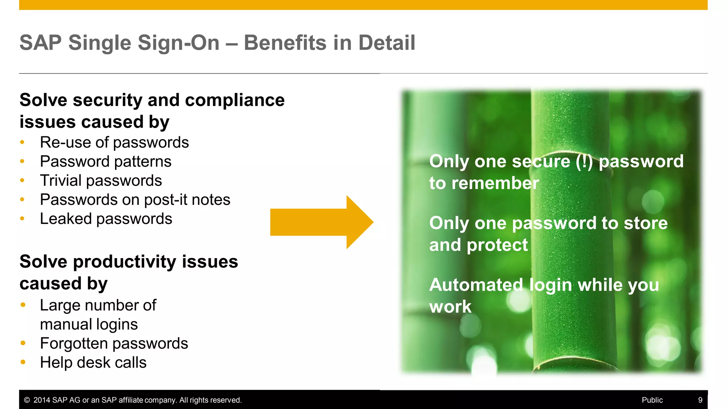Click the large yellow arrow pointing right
click(319, 222)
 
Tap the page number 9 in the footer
click(700, 400)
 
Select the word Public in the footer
click(652, 400)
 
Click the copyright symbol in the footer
click(27, 400)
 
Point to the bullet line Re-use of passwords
click(114, 143)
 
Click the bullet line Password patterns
click(105, 162)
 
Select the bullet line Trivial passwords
click(101, 181)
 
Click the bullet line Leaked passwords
click(106, 219)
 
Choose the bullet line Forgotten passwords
click(114, 344)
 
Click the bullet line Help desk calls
click(93, 363)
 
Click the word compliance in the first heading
click(235, 100)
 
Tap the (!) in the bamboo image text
click(584, 162)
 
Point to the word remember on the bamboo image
click(495, 184)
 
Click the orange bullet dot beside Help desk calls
click(23, 362)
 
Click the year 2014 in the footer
click(42, 400)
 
